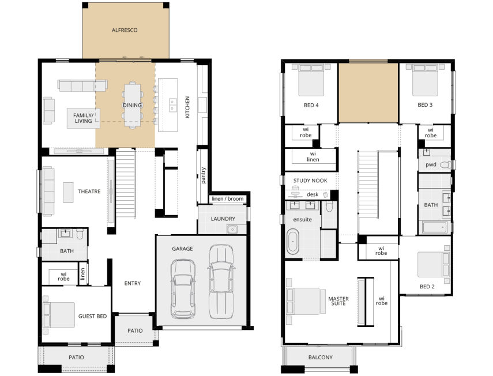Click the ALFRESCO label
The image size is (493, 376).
(125, 30)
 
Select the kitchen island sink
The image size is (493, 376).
(172, 106)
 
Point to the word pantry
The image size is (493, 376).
(203, 175)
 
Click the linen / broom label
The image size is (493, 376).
(228, 199)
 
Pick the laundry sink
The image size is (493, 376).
(232, 230)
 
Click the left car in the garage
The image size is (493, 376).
(183, 288)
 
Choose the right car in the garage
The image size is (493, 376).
(221, 281)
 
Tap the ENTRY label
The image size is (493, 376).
(133, 283)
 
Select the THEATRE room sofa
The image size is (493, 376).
(48, 191)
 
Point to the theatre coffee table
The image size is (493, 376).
(68, 193)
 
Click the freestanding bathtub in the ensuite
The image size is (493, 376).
(293, 242)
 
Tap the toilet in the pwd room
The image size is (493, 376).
(445, 164)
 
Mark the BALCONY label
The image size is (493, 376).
(321, 357)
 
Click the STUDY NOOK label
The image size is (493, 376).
(310, 181)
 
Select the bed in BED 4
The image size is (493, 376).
(311, 80)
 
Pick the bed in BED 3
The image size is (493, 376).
(425, 80)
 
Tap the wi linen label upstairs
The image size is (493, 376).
(313, 156)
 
